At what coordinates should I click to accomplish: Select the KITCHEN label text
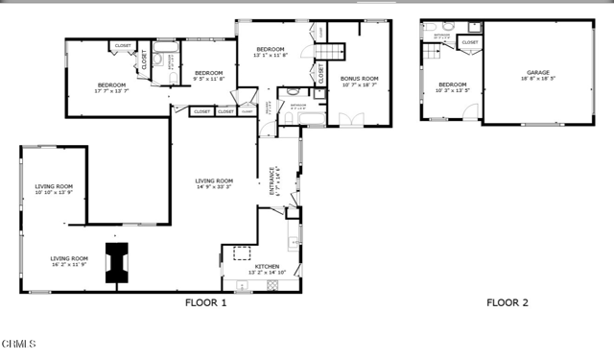coord(266,270)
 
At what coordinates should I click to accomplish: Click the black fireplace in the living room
coord(117,262)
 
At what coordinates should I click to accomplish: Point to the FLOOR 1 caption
coord(205,303)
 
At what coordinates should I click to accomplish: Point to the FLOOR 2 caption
coord(507,303)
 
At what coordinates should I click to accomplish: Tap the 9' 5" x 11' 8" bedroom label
coord(208,76)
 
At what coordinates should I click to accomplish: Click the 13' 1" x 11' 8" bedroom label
coord(270,52)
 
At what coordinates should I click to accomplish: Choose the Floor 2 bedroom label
coord(453,87)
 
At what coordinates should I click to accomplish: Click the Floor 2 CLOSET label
coord(470,42)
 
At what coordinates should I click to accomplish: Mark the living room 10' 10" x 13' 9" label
coord(55,190)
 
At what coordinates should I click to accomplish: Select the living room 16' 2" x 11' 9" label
coord(69,260)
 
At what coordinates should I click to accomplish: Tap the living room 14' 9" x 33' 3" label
coord(214,183)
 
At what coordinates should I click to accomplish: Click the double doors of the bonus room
coord(354,119)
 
